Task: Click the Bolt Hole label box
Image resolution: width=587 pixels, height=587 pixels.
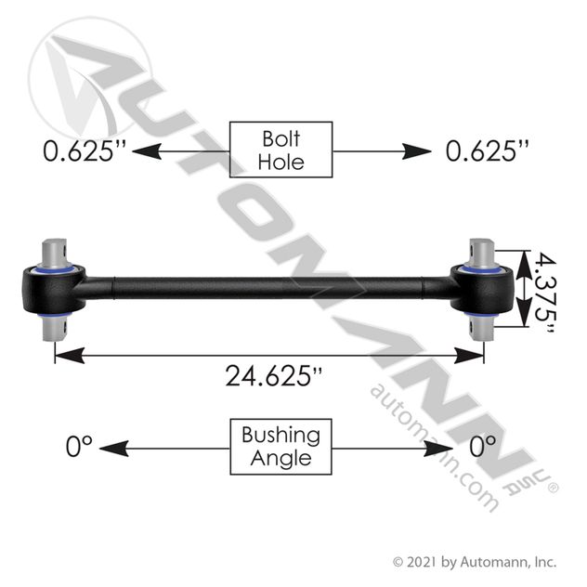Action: pos(280,150)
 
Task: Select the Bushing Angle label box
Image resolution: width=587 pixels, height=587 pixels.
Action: pos(280,447)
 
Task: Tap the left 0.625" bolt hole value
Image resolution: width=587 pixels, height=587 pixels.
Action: pos(85,151)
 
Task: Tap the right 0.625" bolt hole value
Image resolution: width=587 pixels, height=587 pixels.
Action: pos(488,151)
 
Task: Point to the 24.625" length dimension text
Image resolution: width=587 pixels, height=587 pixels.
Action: pos(274,376)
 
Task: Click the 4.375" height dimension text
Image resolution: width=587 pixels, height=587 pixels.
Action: pos(544,293)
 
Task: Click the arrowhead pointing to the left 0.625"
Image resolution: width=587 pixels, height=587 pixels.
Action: pos(147,151)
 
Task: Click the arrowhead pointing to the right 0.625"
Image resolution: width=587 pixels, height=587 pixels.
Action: pos(416,151)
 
